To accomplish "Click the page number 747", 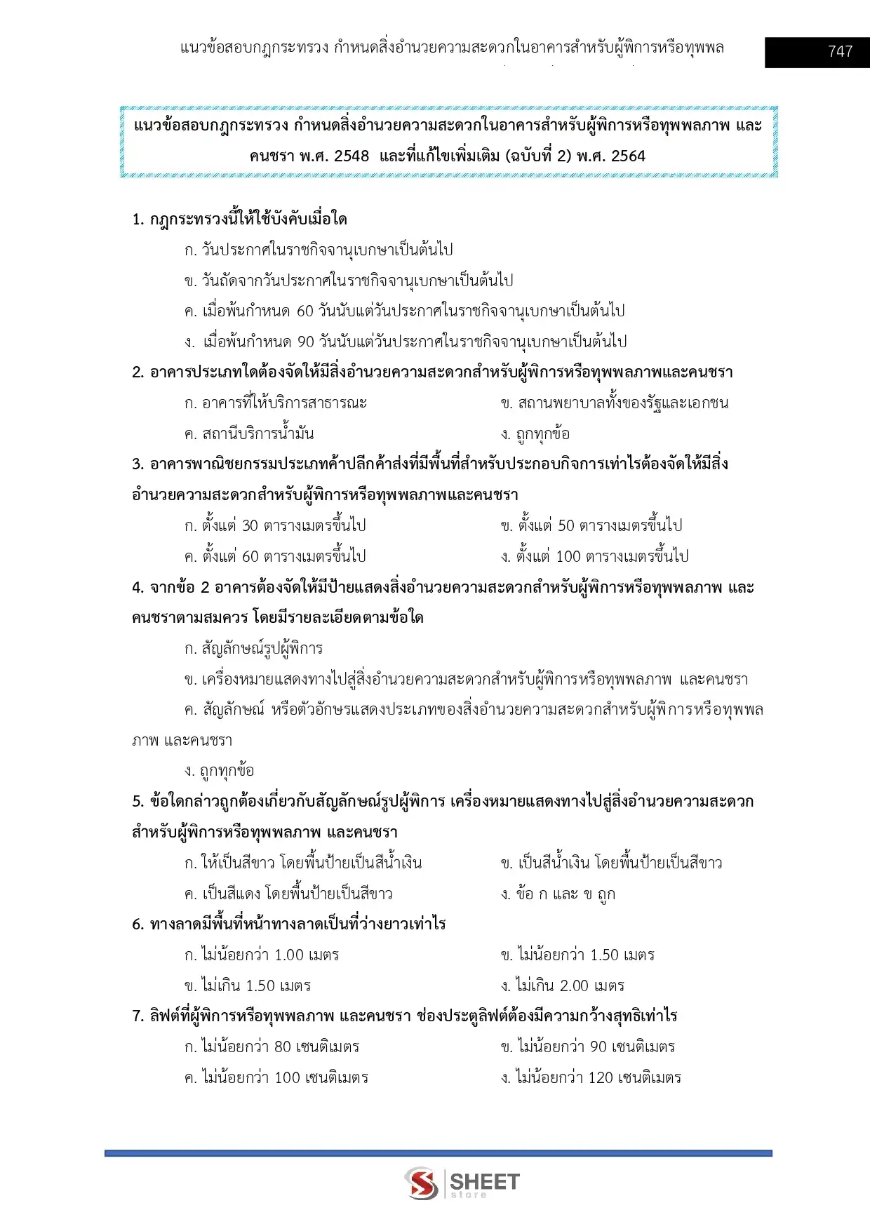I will coord(840,51).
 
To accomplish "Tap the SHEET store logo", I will coord(462,1183).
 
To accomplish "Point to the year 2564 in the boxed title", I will coord(627,156).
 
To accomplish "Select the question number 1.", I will coord(137,220).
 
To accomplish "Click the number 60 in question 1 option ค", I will coord(304,311).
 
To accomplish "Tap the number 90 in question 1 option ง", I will coord(305,342).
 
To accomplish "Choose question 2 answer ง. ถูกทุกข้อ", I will coord(535,433).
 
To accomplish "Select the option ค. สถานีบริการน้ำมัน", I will coord(249,433).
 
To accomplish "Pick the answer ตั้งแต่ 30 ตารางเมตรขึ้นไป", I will coord(275,525).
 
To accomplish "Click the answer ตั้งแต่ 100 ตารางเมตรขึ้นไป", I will coord(594,556).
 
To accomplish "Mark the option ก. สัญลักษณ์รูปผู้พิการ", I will coord(253,649).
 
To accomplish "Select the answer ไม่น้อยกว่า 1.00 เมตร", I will coord(261,955).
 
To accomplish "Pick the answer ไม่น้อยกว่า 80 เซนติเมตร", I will coord(272,1047).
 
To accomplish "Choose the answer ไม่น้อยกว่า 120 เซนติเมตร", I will coord(591,1077).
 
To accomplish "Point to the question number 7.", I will coord(137,1016).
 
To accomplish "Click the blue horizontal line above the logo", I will coord(438,1152).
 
